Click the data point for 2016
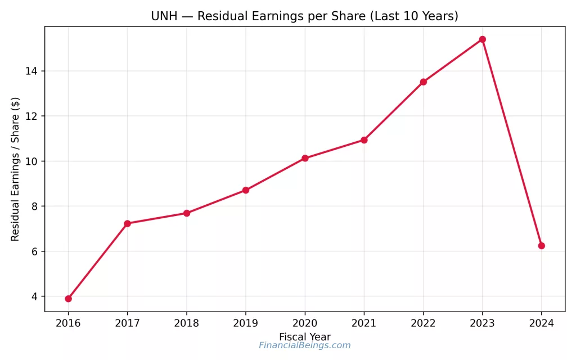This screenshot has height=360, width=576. pyautogui.click(x=68, y=299)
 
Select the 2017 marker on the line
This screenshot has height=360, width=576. pyautogui.click(x=127, y=223)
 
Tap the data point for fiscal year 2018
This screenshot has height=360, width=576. pyautogui.click(x=187, y=213)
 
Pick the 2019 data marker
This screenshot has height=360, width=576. pyautogui.click(x=246, y=190)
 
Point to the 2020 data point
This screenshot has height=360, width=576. pyautogui.click(x=305, y=158)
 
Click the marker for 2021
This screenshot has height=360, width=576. pyautogui.click(x=364, y=139)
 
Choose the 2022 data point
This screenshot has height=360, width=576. pyautogui.click(x=423, y=82)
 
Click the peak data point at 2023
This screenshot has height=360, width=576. pyautogui.click(x=482, y=39)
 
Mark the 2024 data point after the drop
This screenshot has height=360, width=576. pyautogui.click(x=541, y=246)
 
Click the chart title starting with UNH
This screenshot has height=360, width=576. pyautogui.click(x=304, y=16)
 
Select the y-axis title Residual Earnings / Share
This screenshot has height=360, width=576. pyautogui.click(x=15, y=169)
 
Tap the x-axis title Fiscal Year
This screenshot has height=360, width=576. pyautogui.click(x=304, y=337)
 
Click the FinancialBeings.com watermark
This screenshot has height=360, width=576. pyautogui.click(x=304, y=345)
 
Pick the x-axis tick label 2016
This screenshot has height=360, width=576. pyautogui.click(x=68, y=323)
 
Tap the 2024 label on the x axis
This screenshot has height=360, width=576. pyautogui.click(x=541, y=323)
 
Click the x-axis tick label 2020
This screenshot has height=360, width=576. pyautogui.click(x=305, y=323)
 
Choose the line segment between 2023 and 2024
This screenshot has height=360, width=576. pyautogui.click(x=512, y=143)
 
